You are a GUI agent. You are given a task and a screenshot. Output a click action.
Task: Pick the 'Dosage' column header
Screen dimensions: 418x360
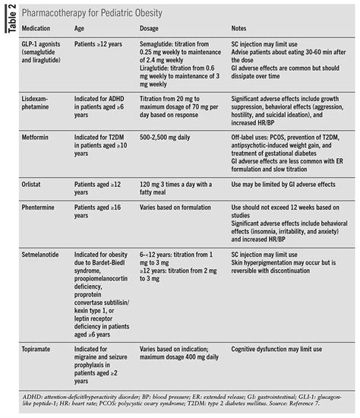(x=153, y=29)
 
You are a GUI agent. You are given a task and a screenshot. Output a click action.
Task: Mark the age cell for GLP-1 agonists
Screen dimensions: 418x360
(x=100, y=44)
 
